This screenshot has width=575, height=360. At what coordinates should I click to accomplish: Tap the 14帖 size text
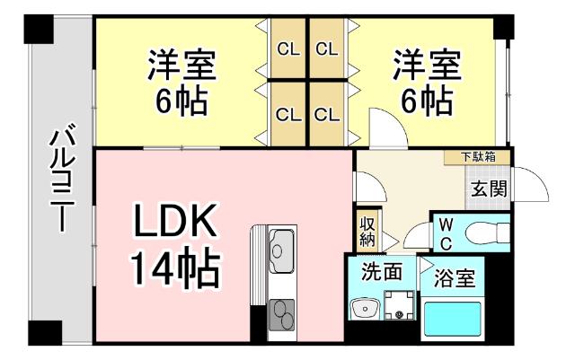coord(175,267)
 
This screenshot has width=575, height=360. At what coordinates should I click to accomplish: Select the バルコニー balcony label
coord(62,180)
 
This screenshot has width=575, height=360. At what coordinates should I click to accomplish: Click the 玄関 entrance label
coord(489,189)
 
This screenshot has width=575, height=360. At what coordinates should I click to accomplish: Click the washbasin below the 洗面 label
coord(364,311)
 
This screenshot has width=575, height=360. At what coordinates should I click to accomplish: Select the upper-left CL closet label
coord(287,48)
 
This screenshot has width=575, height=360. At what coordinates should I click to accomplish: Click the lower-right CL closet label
coord(327,114)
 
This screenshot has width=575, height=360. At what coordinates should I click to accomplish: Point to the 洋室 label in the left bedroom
coord(182,66)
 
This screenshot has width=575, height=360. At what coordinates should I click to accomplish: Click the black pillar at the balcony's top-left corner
coord(40,29)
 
